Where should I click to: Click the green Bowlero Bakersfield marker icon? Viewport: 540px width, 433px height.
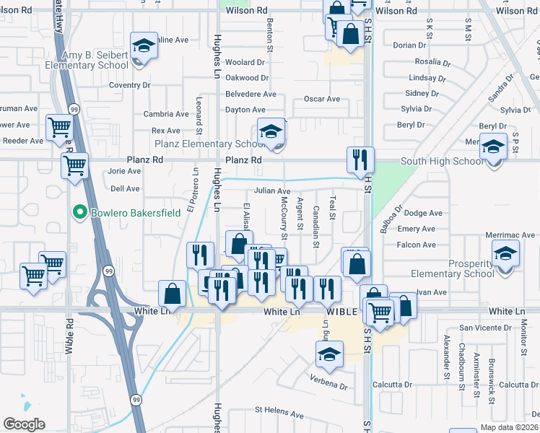coord(80,212)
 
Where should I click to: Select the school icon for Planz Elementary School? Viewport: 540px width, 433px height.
coord(271,131)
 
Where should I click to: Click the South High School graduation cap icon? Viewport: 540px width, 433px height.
coord(494,146)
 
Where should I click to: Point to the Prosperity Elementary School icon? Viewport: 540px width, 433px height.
coord(505,253)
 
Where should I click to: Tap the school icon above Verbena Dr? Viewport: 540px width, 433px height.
coord(329,354)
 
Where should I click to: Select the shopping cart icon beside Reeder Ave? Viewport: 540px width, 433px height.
coord(60,128)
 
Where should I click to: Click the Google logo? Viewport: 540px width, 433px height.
coord(24,424)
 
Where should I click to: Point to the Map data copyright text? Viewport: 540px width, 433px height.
coord(509,427)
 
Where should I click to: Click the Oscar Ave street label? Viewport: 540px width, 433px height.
coord(321,99)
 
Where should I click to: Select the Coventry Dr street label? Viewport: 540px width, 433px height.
coord(129,85)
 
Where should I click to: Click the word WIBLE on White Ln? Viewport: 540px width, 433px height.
coord(342,312)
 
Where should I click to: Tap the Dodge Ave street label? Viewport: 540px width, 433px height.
coord(423,214)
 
